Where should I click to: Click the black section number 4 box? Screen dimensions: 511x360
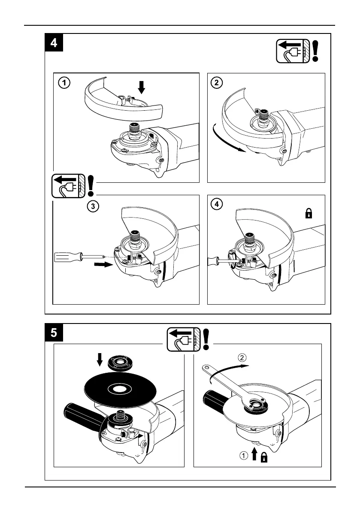pyautogui.click(x=54, y=43)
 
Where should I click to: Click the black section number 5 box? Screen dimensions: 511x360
pyautogui.click(x=54, y=333)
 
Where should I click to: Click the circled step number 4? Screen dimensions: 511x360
pyautogui.click(x=217, y=204)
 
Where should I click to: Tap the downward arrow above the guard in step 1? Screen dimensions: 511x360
pyautogui.click(x=142, y=88)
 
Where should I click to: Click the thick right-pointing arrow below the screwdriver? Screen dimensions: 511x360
pyautogui.click(x=103, y=265)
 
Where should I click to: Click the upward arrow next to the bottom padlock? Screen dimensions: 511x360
pyautogui.click(x=254, y=454)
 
